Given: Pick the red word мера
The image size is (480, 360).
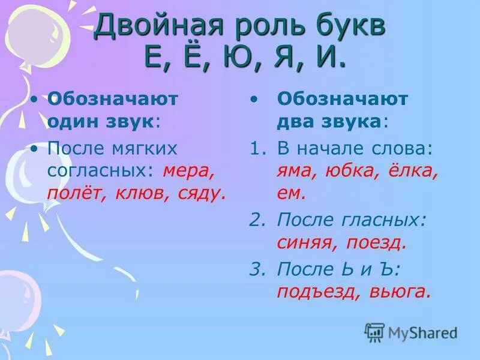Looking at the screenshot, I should click(187, 171).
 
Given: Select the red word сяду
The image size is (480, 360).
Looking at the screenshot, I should click(200, 194).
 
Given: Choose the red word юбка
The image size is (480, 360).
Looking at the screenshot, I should click(352, 171).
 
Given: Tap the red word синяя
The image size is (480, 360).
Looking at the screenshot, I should click(304, 242).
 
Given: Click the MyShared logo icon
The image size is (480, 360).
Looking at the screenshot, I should click(374, 332).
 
